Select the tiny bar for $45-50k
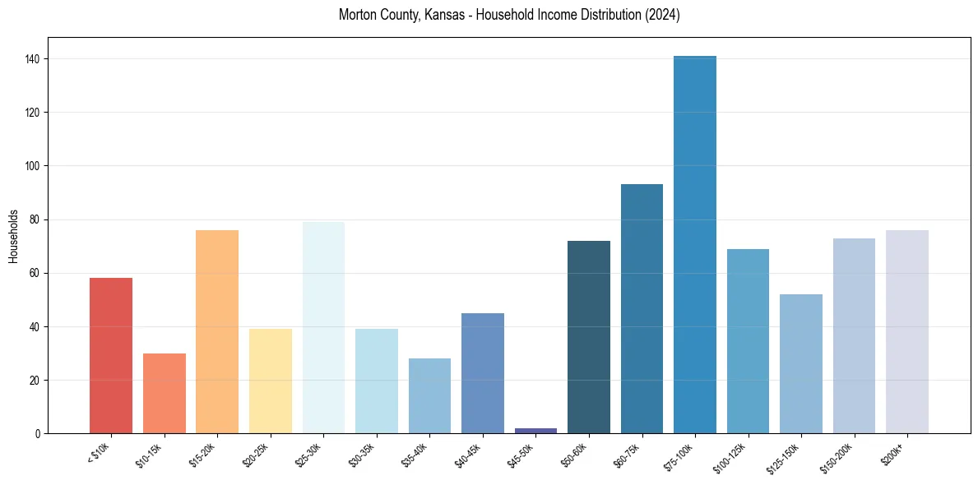coord(535,430)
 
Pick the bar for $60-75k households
coord(642,308)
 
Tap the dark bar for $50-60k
coord(589,336)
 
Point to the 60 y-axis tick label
coord(38,273)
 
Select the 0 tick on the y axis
coord(40,433)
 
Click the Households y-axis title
coord(13,235)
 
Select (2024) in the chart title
coord(662,15)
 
